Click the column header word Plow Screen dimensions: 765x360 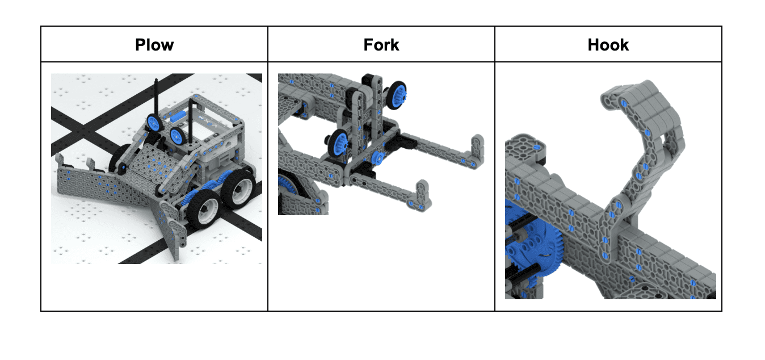click(x=154, y=45)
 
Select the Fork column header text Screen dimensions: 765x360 click(x=381, y=45)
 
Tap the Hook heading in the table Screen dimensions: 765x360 click(x=608, y=45)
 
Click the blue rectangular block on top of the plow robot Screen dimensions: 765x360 click(x=178, y=118)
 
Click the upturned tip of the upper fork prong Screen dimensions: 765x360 click(x=477, y=150)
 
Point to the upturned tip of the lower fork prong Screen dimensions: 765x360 click(x=423, y=195)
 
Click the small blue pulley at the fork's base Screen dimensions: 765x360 click(x=378, y=158)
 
